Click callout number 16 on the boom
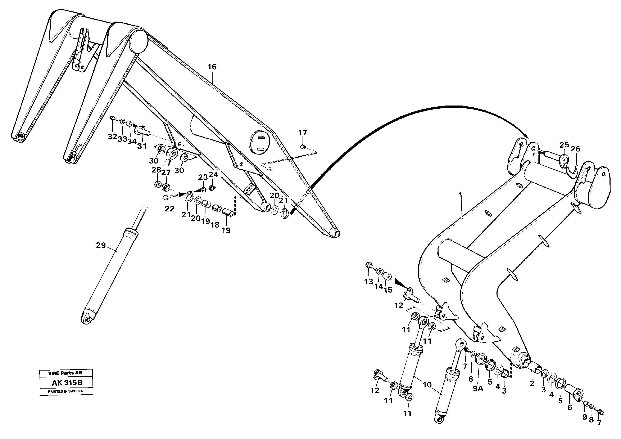point(212,67)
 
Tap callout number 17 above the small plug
point(303,133)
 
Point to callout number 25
point(564,145)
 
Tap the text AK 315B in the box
point(67,383)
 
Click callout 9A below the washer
point(478,388)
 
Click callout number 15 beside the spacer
point(388,290)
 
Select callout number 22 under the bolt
point(170,209)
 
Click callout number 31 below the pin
point(142,146)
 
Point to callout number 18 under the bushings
point(215,225)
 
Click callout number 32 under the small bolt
point(112,137)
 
